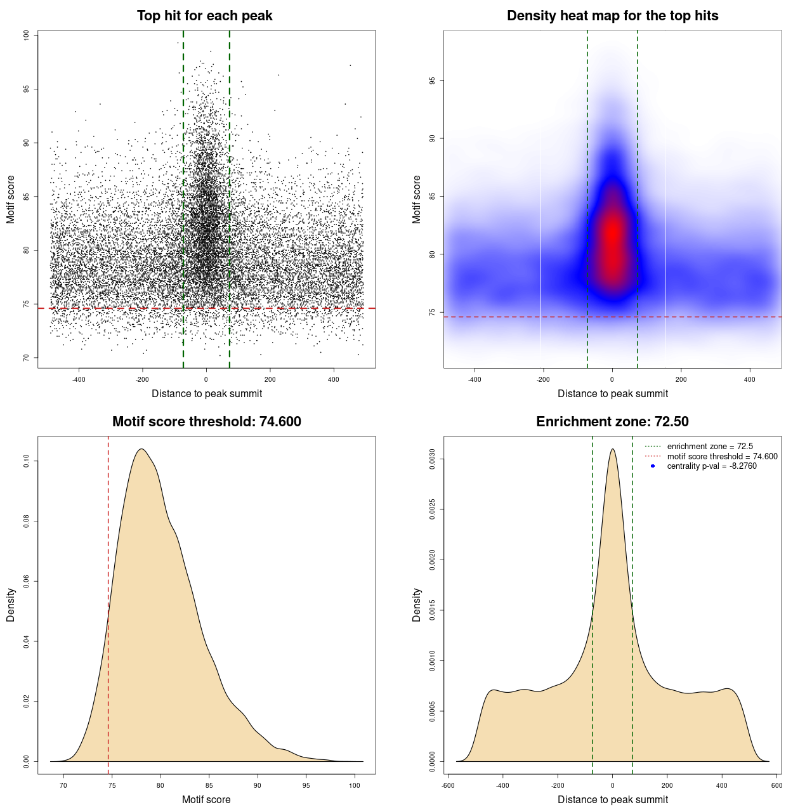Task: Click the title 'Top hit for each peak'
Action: point(204,16)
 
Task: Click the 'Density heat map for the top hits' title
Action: point(612,16)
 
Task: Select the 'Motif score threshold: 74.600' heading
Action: point(206,422)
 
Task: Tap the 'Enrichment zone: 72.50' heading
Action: point(612,422)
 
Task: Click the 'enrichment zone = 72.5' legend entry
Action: point(710,447)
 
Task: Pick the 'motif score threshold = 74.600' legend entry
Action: point(722,456)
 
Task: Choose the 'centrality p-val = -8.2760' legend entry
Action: point(712,466)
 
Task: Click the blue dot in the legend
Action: point(653,466)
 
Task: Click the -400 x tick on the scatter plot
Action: point(79,380)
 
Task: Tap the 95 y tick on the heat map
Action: point(433,81)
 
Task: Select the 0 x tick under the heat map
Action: point(612,380)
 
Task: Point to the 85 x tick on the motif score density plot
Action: point(209,785)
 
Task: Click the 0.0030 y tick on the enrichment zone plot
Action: point(433,459)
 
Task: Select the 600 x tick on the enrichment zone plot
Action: point(776,785)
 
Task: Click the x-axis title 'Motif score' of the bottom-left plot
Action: point(206,799)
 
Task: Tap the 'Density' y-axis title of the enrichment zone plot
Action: point(417,605)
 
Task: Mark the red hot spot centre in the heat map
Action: point(612,235)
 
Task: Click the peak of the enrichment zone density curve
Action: point(612,449)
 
